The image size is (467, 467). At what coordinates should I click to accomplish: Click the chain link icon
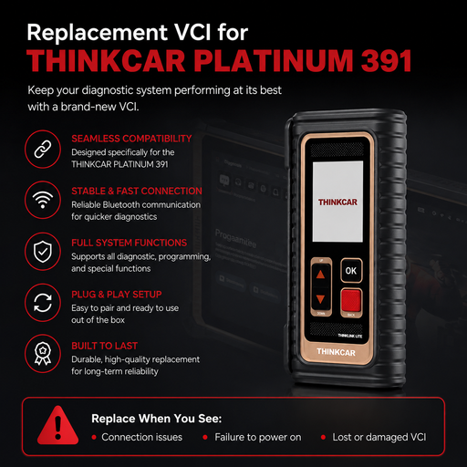click(x=43, y=149)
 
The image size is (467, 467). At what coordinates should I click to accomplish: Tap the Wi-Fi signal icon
click(x=43, y=200)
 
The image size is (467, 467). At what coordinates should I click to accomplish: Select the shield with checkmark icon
click(x=43, y=252)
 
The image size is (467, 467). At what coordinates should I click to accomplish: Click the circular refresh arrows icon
click(x=43, y=303)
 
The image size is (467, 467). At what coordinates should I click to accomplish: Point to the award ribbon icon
click(x=43, y=354)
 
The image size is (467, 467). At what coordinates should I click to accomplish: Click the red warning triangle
click(x=57, y=425)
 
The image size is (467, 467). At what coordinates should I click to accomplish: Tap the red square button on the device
click(x=351, y=300)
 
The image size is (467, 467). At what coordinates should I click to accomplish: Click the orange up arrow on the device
click(x=320, y=275)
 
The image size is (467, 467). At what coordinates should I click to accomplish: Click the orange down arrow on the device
click(x=320, y=299)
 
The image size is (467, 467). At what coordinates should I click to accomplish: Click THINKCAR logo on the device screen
click(x=337, y=202)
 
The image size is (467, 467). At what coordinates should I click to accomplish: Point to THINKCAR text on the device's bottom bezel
click(x=336, y=352)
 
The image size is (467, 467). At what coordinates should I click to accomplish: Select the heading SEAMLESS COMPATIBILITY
click(x=131, y=139)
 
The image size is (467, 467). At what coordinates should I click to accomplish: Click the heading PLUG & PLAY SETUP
click(x=117, y=295)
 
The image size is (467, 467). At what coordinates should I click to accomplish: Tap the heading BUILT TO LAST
click(x=104, y=346)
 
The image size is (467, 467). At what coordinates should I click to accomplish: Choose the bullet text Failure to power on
click(x=258, y=437)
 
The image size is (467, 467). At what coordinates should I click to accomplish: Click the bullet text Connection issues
click(x=142, y=437)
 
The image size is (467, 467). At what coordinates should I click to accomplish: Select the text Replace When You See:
click(x=157, y=419)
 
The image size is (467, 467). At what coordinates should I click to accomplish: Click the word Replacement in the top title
click(x=98, y=32)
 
